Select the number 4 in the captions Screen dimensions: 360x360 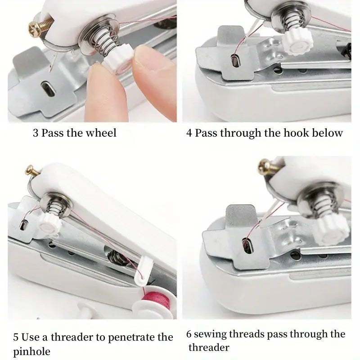(x=189, y=133)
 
